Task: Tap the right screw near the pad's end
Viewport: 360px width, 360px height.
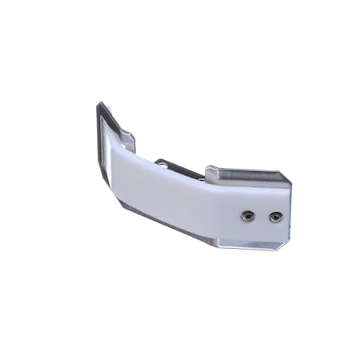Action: tap(275, 216)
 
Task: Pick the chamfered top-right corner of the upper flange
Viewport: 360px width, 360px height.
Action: tap(284, 175)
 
